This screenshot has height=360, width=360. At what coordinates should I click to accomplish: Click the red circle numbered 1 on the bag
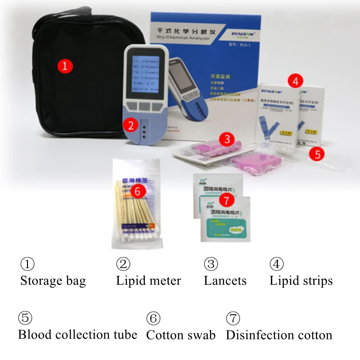[65, 66]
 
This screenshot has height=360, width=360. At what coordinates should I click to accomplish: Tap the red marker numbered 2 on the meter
[130, 125]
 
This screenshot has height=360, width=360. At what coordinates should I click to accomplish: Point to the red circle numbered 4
[295, 81]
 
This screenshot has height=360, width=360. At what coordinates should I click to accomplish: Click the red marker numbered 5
[318, 154]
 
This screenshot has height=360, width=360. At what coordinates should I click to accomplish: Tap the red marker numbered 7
[226, 198]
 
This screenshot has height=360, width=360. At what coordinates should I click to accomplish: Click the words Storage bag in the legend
[53, 281]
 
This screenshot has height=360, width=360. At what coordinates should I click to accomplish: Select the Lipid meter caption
[148, 281]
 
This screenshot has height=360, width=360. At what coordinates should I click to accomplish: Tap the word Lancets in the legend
[225, 281]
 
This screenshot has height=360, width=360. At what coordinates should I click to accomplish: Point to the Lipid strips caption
[301, 281]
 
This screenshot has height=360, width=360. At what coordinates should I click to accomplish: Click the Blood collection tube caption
[77, 335]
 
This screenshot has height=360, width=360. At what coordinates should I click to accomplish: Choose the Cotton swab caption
[181, 335]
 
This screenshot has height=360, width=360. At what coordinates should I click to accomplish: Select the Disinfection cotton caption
[279, 335]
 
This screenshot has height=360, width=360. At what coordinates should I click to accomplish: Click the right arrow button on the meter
[156, 107]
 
